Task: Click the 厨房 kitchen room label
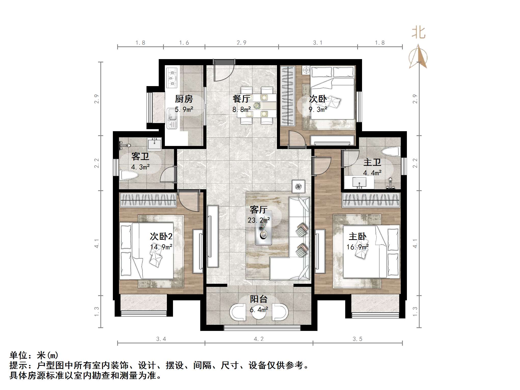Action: pyautogui.click(x=184, y=99)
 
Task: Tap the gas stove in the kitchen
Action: pyautogui.click(x=172, y=77)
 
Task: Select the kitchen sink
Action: pyautogui.click(x=172, y=119)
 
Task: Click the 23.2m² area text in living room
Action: pyautogui.click(x=259, y=220)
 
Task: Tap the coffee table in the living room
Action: pyautogui.click(x=263, y=228)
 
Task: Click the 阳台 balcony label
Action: pyautogui.click(x=259, y=299)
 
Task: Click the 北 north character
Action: pyautogui.click(x=418, y=33)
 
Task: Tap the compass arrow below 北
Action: pyautogui.click(x=418, y=57)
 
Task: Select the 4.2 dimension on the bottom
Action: pyautogui.click(x=259, y=339)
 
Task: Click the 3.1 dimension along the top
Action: pyautogui.click(x=318, y=43)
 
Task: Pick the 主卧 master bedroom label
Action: pyautogui.click(x=357, y=236)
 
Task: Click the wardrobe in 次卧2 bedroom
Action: pyautogui.click(x=148, y=199)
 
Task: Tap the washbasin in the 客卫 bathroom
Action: pyautogui.click(x=154, y=144)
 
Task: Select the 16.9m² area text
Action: pyautogui.click(x=357, y=247)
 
